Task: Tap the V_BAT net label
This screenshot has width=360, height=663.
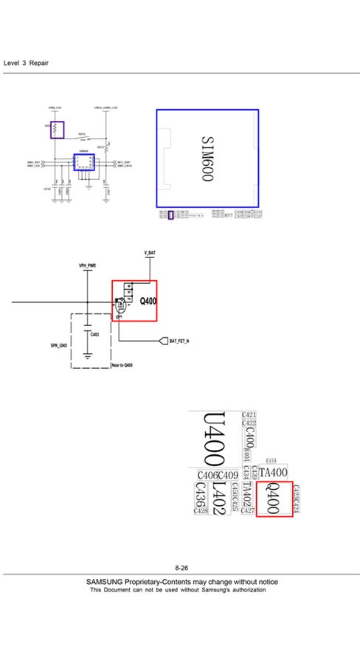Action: [x=150, y=253]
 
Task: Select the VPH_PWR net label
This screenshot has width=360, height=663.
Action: [x=88, y=265]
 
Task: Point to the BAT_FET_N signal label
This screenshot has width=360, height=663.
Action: [x=179, y=341]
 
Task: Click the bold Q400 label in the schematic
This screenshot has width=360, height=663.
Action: [x=148, y=301]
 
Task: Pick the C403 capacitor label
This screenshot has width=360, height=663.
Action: [x=94, y=335]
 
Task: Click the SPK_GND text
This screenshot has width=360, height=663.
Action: [x=59, y=345]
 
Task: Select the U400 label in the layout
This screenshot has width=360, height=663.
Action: [x=214, y=438]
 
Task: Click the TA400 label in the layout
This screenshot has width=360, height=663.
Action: [x=273, y=472]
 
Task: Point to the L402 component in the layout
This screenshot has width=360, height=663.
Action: [x=218, y=499]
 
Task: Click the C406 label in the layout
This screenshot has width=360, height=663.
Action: [x=207, y=474]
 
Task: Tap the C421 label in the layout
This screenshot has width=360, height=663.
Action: [x=249, y=416]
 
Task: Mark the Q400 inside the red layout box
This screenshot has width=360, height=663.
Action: [x=274, y=498]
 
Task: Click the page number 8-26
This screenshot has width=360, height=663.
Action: [x=181, y=568]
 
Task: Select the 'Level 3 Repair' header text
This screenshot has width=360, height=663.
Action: [x=27, y=63]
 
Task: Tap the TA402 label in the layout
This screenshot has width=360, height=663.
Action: [x=248, y=493]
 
